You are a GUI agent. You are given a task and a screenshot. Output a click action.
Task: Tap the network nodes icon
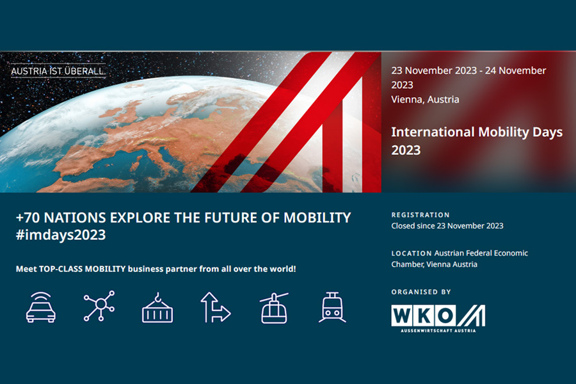(x=99, y=307)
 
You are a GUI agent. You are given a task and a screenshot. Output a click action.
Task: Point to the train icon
(x=332, y=307)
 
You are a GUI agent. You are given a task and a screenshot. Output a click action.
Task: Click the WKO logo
(x=438, y=316)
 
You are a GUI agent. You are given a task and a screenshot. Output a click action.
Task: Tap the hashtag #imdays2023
(x=61, y=235)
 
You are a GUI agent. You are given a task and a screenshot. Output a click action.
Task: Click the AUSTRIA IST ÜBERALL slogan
(x=58, y=70)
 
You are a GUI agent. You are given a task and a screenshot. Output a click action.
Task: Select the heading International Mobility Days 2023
(x=476, y=141)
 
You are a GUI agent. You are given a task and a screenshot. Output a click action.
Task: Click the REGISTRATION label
(x=420, y=215)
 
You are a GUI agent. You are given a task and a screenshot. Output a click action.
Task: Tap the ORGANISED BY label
(x=421, y=292)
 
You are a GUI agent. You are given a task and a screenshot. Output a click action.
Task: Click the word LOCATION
(x=411, y=253)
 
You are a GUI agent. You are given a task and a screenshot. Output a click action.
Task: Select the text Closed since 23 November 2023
(x=447, y=226)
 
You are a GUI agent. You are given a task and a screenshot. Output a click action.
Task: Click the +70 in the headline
(x=29, y=218)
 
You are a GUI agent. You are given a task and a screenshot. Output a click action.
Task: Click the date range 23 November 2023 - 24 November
(x=468, y=70)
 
